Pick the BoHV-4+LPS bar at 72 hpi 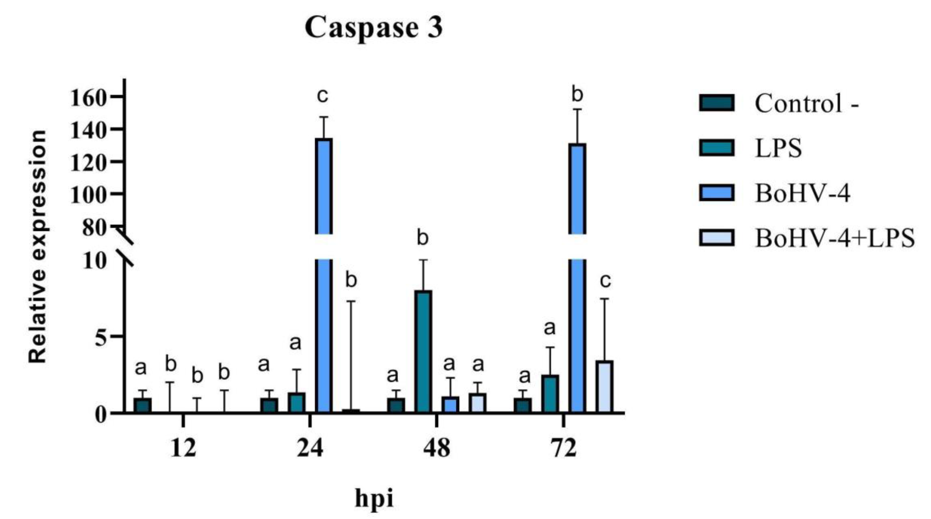(x=604, y=387)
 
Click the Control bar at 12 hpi (x=142, y=405)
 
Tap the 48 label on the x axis (x=437, y=448)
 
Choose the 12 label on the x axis (x=183, y=448)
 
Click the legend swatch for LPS (x=716, y=148)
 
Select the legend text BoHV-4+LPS (x=835, y=238)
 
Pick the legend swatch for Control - (x=716, y=103)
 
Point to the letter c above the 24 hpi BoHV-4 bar (x=322, y=96)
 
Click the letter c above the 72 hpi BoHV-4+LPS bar (x=605, y=281)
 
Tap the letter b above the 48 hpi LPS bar (x=422, y=239)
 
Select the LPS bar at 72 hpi (x=550, y=394)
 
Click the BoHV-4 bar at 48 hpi (x=450, y=405)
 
